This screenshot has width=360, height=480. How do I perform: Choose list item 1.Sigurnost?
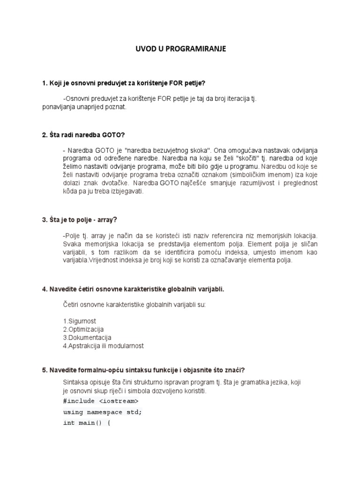click(79, 321)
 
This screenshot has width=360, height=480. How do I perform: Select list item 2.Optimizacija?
click(83, 329)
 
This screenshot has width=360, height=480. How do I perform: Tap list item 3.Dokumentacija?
click(87, 337)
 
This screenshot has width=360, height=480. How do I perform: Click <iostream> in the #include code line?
click(119, 401)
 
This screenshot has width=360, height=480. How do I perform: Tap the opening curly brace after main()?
click(108, 423)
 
